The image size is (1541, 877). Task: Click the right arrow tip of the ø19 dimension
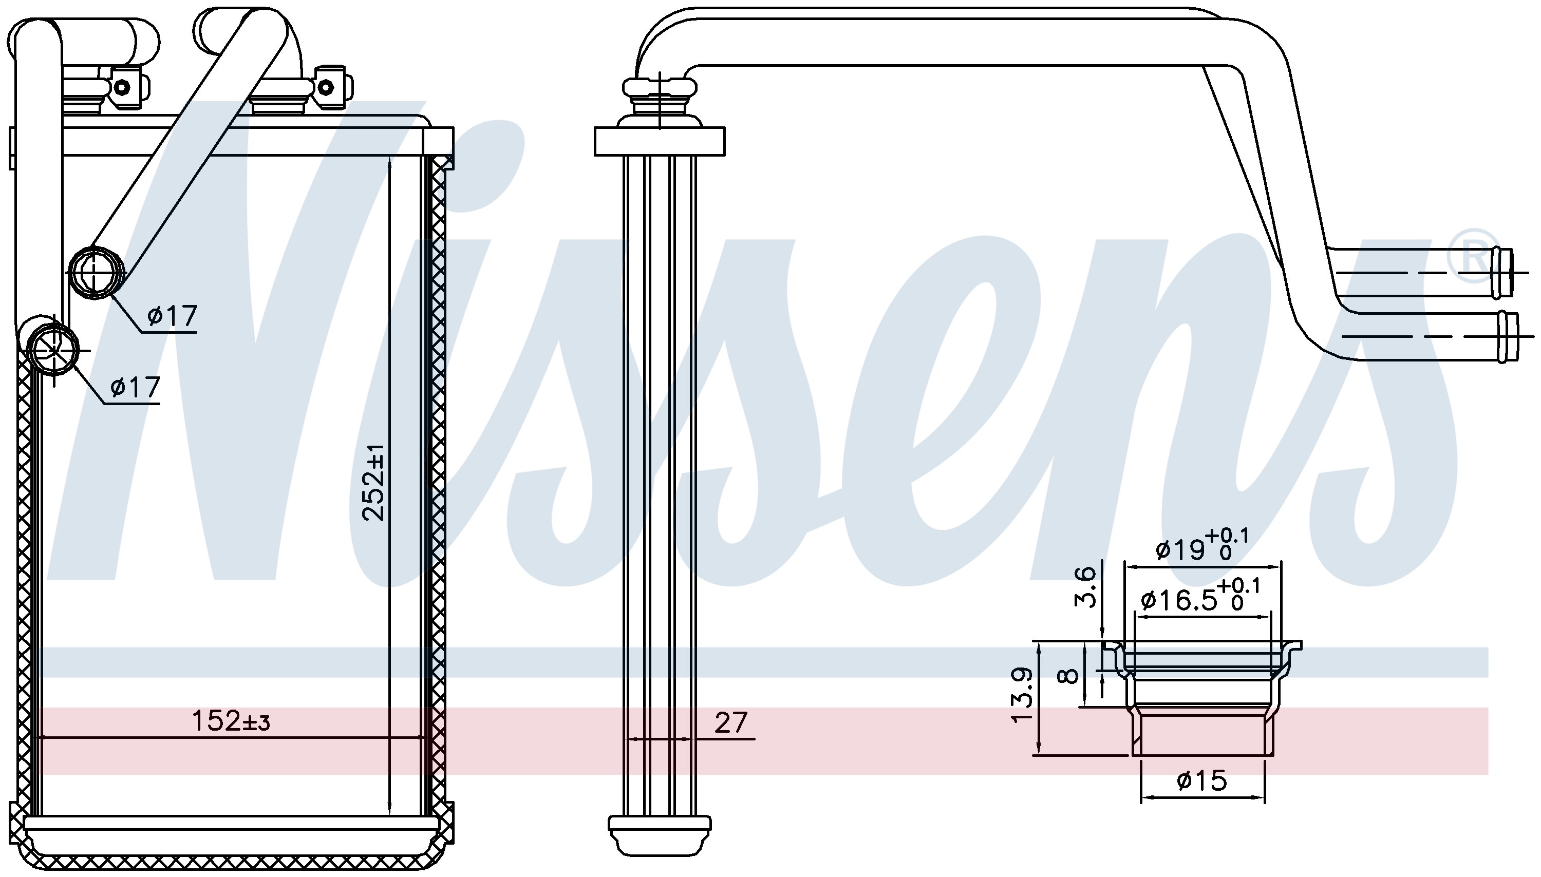1280,567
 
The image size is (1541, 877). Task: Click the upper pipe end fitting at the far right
1504,272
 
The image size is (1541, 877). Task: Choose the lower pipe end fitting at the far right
1508,337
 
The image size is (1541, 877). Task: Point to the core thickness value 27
731,722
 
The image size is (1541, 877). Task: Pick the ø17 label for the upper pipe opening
172,315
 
